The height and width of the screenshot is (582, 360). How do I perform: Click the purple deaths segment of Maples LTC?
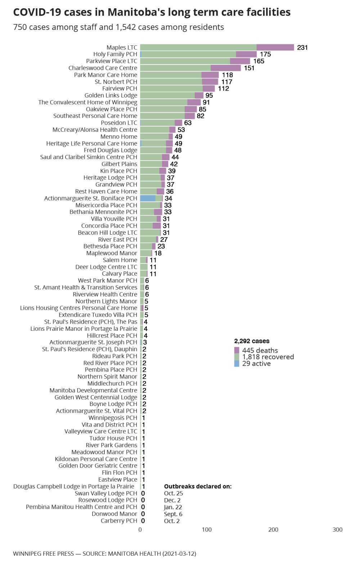pyautogui.click(x=275, y=48)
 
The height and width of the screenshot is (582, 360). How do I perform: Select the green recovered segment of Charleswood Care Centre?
pyautogui.click(x=175, y=68)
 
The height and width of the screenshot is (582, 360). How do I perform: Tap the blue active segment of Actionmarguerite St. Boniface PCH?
pyautogui.click(x=148, y=198)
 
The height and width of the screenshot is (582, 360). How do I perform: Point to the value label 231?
pyautogui.click(x=302, y=48)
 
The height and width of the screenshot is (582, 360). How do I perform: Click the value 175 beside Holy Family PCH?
pyautogui.click(x=265, y=54)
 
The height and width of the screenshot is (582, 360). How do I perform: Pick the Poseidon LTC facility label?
pyautogui.click(x=119, y=123)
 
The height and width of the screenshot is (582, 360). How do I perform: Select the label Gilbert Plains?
pyautogui.click(x=119, y=164)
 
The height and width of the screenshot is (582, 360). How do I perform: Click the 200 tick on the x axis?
pyautogui.click(x=273, y=529)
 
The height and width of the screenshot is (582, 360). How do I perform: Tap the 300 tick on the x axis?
pyautogui.click(x=338, y=529)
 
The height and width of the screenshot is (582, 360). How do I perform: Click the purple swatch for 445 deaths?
pyautogui.click(x=237, y=350)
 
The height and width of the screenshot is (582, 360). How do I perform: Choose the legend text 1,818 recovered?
pyautogui.click(x=268, y=357)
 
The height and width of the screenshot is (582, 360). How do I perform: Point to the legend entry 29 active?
pyautogui.click(x=256, y=364)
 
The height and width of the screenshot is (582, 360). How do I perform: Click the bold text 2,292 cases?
pyautogui.click(x=252, y=341)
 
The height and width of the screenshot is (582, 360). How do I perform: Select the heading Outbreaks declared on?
pyautogui.click(x=198, y=486)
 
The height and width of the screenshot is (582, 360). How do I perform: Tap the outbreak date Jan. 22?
pyautogui.click(x=173, y=507)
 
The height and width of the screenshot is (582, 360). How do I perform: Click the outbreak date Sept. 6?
pyautogui.click(x=173, y=514)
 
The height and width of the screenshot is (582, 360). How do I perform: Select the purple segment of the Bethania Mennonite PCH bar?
pyautogui.click(x=158, y=212)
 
